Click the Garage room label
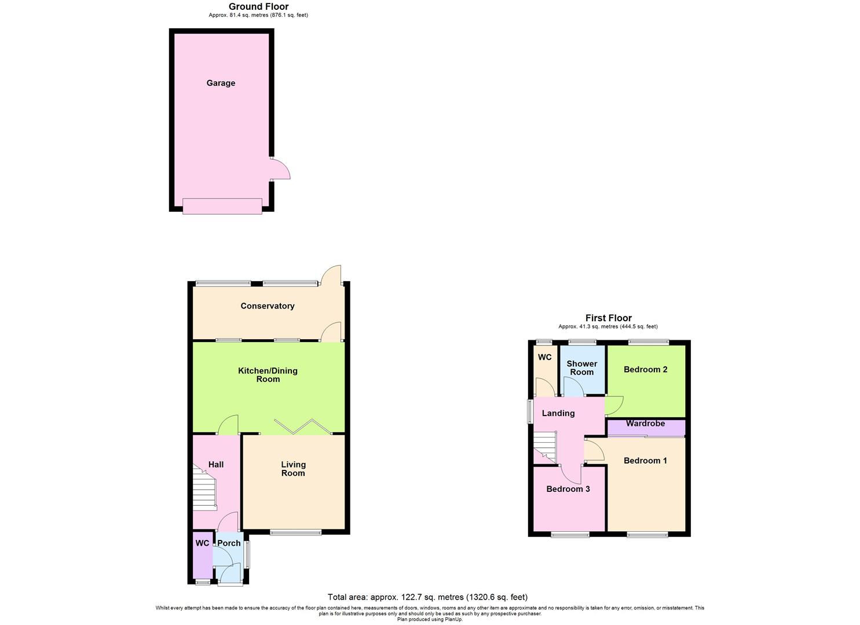pos(221,83)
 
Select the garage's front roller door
pos(222,206)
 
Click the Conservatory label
pos(268,306)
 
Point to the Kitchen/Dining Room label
pos(268,375)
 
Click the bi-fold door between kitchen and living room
pos(303,427)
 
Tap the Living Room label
pos(293,469)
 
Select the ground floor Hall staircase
pos(204,492)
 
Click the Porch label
pos(229,543)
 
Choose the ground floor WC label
pos(202,543)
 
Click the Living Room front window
pos(295,532)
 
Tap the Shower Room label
pos(581,368)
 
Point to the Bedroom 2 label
pos(645,370)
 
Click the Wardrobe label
pos(645,424)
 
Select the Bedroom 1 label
pos(645,461)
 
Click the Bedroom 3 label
pos(568,489)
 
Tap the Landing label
pos(558,413)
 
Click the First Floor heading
pos(608,318)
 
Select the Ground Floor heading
pos(258,7)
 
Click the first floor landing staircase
pos(545,448)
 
